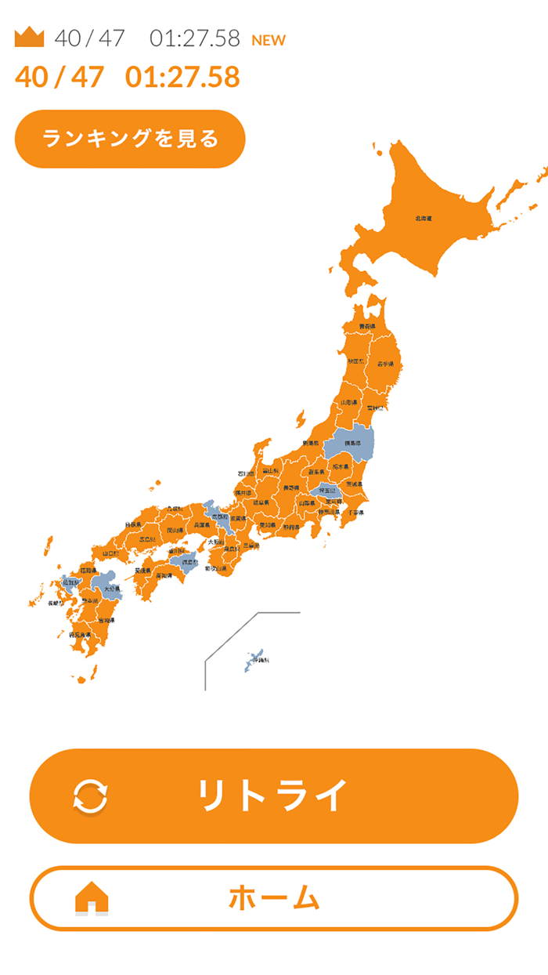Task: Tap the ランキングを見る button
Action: pyautogui.click(x=130, y=140)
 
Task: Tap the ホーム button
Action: pyautogui.click(x=274, y=898)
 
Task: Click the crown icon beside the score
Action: pyautogui.click(x=30, y=37)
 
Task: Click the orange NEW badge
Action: pyautogui.click(x=269, y=40)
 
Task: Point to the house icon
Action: pyautogui.click(x=92, y=898)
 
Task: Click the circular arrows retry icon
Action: pyautogui.click(x=91, y=796)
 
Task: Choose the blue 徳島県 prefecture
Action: pyautogui.click(x=189, y=562)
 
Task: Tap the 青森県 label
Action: pyautogui.click(x=367, y=326)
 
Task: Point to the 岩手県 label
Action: pyautogui.click(x=384, y=364)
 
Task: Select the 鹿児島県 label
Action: pyautogui.click(x=81, y=634)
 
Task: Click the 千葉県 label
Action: pyautogui.click(x=355, y=512)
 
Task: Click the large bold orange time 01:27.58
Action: pyautogui.click(x=182, y=77)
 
